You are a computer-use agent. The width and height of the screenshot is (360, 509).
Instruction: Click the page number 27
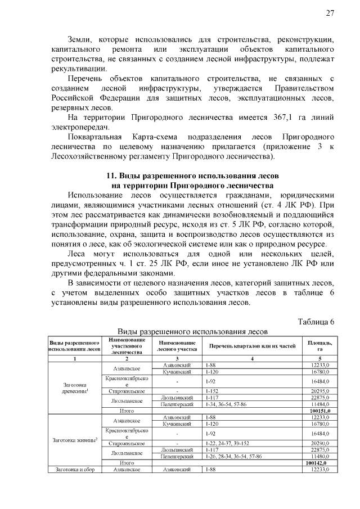click(x=330, y=13)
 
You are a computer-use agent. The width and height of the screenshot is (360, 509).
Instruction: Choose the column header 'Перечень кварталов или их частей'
click(x=251, y=345)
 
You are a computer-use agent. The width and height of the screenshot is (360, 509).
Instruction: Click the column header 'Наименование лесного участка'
click(x=177, y=345)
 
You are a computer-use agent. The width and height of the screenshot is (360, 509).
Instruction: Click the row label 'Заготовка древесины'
click(x=74, y=388)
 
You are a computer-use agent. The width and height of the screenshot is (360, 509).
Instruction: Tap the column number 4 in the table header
click(x=251, y=358)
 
